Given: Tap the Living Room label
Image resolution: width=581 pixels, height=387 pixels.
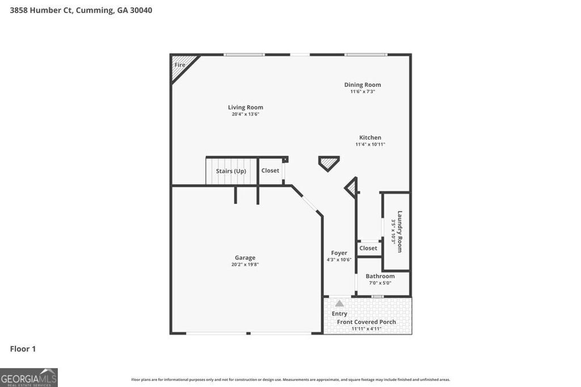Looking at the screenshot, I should pos(246,107).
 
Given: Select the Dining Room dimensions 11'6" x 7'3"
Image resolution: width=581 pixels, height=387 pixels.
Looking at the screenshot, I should pos(363,91).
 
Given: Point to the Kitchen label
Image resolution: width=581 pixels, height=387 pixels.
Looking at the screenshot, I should pos(370,137).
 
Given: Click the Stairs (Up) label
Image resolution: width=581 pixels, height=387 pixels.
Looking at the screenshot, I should pos(231,171).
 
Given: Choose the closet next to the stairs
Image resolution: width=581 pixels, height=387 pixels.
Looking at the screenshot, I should pos(270,171).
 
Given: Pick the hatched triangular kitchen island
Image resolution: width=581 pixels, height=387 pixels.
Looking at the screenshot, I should pos(329,163).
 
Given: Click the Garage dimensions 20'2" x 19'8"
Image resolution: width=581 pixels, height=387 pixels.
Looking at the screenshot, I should pos(245,265).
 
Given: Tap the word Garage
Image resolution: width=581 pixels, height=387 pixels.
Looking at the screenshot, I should pos(245,257).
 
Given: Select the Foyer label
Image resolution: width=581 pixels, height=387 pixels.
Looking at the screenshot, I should pos(339,253).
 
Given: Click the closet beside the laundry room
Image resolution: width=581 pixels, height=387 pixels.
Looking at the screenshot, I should pos(368,248).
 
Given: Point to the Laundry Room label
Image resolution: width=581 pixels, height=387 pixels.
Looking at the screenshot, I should pos(399,231).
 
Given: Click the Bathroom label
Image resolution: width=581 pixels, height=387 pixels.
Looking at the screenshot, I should pos(380,276).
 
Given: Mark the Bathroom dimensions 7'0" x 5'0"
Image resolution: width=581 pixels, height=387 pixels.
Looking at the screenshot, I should pos(380,283).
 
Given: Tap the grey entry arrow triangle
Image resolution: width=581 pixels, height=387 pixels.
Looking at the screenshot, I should pos(339,303).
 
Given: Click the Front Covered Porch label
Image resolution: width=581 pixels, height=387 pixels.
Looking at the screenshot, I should pos(367,322).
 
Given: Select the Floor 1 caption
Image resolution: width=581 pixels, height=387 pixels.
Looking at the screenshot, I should pos(23,348).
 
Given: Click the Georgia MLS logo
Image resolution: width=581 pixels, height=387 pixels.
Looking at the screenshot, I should pos(29,377).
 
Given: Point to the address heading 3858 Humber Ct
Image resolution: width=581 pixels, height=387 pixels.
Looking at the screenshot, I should pos(81,10).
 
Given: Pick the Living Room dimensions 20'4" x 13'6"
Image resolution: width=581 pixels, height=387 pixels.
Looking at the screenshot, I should pos(246,114).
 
